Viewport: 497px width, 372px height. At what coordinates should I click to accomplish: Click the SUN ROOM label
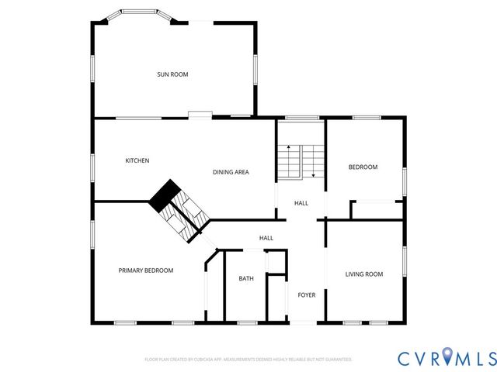coord(172,74)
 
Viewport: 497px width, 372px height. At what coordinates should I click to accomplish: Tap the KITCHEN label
coord(137,160)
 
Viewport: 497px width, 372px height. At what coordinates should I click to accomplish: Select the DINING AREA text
coord(231,172)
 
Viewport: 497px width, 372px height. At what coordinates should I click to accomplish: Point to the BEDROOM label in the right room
coord(363,167)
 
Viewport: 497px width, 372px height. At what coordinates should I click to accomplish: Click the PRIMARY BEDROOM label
coord(145,270)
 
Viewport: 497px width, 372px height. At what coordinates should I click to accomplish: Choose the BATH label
coord(246,278)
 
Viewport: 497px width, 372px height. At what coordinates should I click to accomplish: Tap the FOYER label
coord(307,295)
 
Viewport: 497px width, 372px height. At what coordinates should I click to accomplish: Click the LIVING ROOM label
coord(364,274)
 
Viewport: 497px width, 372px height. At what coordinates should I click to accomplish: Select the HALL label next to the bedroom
coord(301,203)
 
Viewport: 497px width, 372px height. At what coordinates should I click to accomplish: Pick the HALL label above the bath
coord(266,238)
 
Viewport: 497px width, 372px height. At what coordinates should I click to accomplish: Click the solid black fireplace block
coord(164,195)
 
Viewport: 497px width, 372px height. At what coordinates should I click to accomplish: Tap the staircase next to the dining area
coord(300,161)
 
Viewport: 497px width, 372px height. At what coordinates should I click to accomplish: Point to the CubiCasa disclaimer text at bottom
coord(248,360)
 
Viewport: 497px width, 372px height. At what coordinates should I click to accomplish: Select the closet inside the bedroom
coord(377,209)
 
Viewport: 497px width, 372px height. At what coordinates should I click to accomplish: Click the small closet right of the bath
coord(276,297)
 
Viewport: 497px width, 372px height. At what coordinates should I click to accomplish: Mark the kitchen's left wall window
coord(92,166)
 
